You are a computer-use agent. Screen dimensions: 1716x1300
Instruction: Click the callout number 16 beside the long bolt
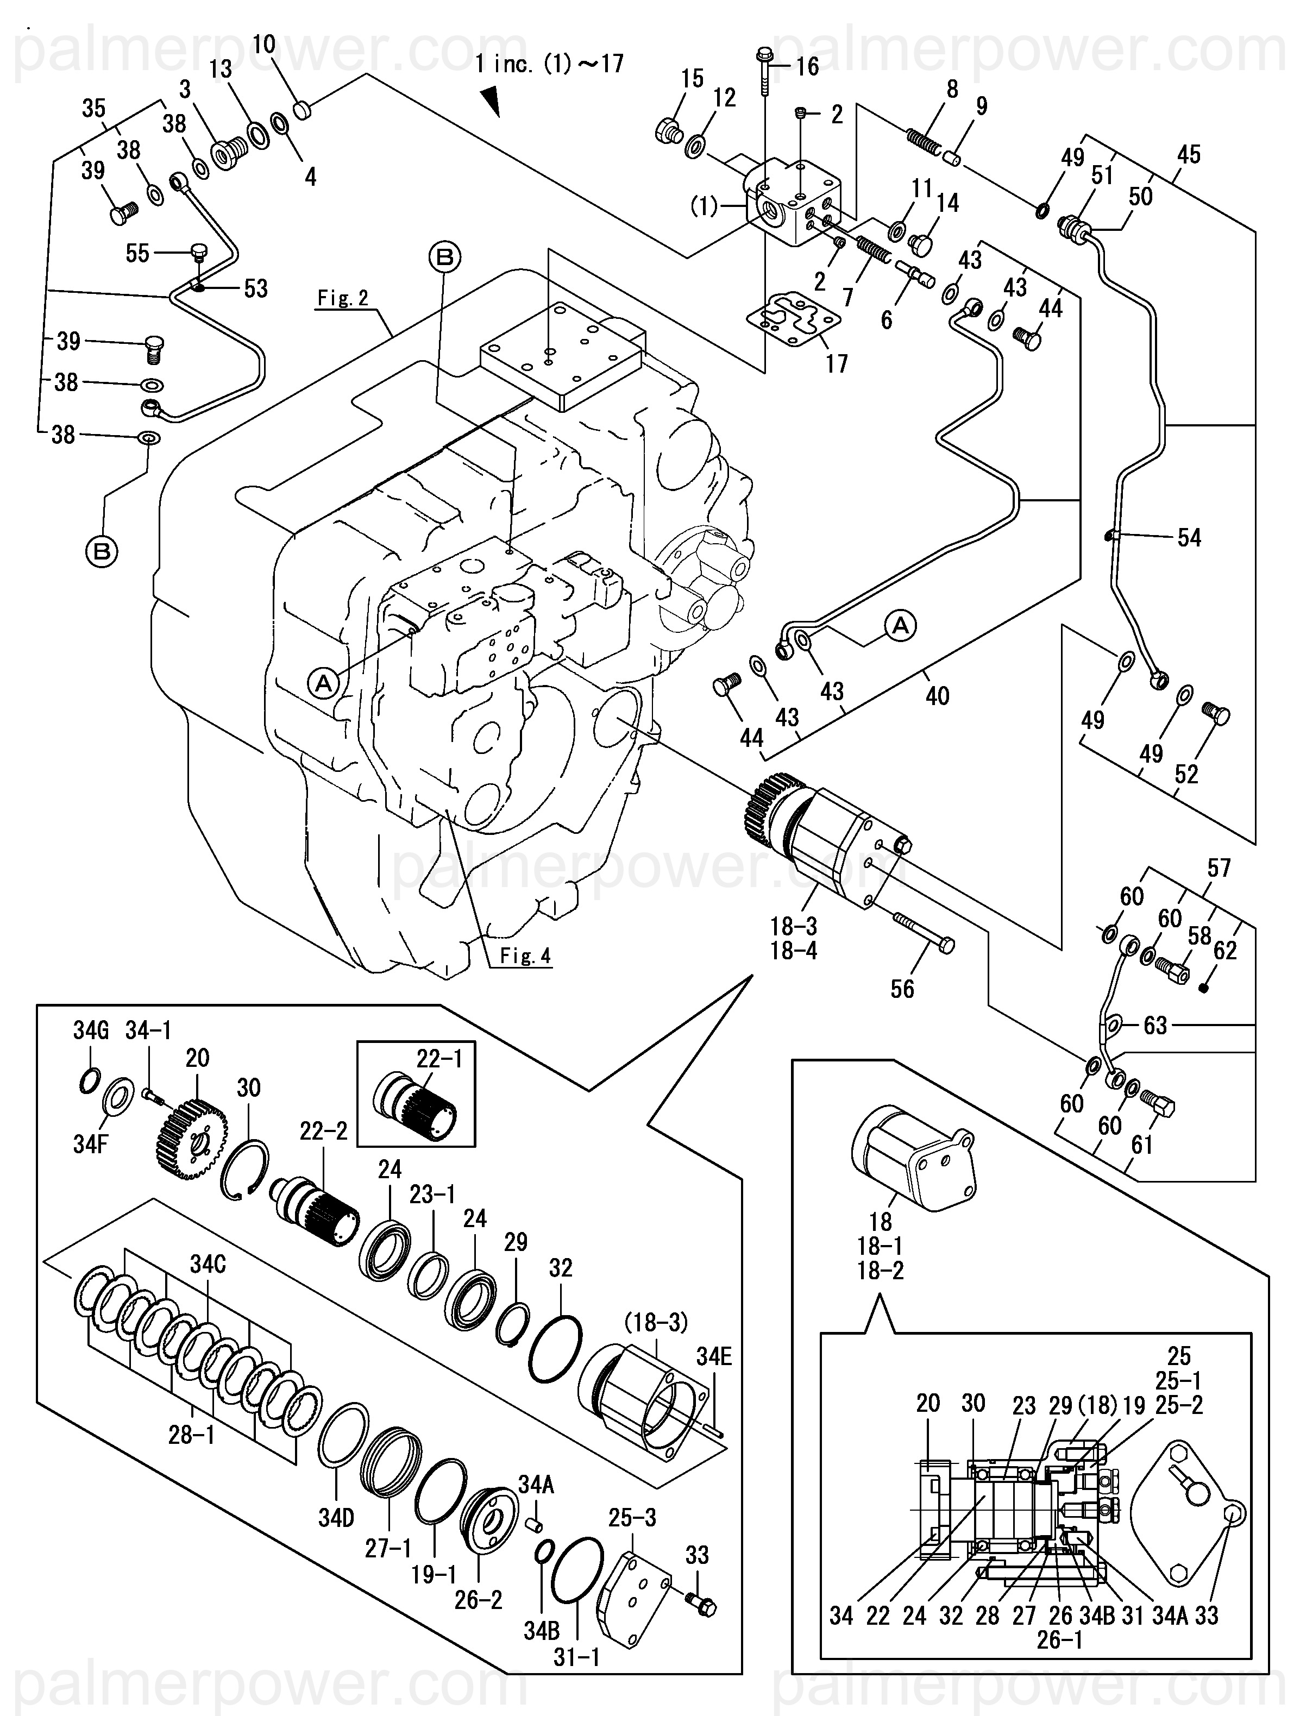click(807, 67)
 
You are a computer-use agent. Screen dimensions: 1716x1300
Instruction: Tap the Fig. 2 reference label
click(343, 298)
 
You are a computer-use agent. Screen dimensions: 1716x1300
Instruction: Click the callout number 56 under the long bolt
click(902, 989)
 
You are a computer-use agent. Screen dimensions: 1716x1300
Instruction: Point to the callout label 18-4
click(794, 950)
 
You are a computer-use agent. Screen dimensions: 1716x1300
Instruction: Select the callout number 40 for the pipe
click(937, 696)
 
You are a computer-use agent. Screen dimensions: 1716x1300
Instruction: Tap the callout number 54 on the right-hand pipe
click(1189, 538)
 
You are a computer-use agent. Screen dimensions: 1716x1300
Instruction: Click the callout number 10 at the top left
click(265, 45)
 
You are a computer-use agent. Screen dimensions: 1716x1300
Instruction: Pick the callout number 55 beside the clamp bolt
click(137, 253)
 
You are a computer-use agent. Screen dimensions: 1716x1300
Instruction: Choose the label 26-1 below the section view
click(1059, 1640)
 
